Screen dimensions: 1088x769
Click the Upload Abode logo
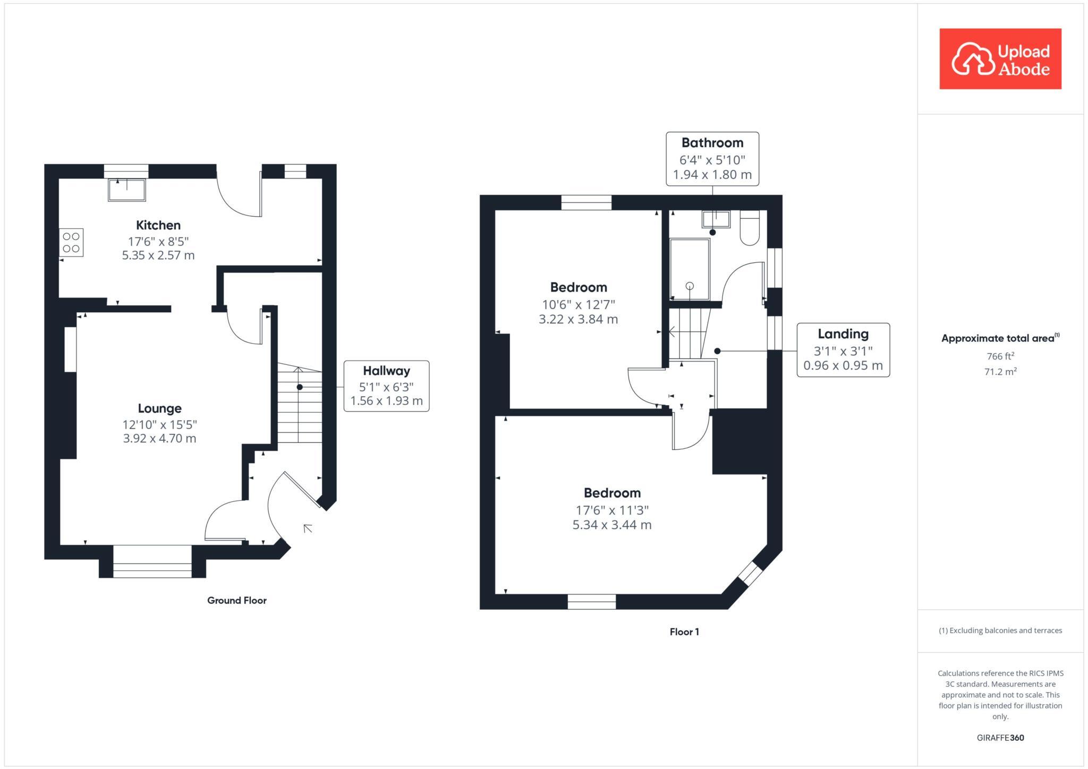[x=1000, y=59]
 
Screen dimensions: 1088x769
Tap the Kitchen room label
[x=158, y=225]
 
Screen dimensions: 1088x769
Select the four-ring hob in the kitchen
[x=71, y=243]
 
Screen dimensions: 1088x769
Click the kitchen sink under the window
[x=126, y=190]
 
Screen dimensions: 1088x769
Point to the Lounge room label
[x=159, y=408]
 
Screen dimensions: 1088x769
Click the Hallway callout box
[x=386, y=386]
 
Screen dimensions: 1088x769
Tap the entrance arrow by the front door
[x=307, y=528]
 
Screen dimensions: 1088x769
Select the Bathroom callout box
[x=712, y=159]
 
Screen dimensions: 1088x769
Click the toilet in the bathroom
[x=750, y=228]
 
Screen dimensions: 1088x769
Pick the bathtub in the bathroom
[x=690, y=269]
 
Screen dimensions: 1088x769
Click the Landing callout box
[x=843, y=350]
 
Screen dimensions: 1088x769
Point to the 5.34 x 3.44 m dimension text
[x=612, y=525]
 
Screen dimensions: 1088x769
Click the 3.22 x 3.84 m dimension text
[x=579, y=319]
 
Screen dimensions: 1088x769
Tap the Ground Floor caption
[x=237, y=601]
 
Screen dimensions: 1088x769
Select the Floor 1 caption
[x=684, y=632]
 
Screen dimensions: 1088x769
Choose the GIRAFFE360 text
[x=1000, y=738]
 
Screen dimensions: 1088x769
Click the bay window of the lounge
[x=152, y=561]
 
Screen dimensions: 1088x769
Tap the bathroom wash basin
[x=716, y=219]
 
